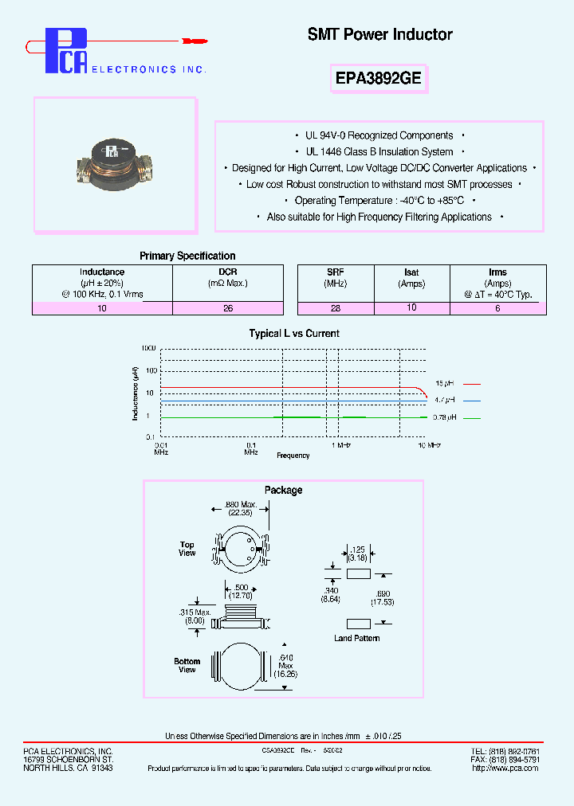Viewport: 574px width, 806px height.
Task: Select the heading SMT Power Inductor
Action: coord(379,35)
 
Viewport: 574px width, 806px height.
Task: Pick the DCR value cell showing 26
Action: coord(227,307)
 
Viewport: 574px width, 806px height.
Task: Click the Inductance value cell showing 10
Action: coord(102,307)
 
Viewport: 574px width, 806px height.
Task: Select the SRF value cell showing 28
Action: coord(335,307)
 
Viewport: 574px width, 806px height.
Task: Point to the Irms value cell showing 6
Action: coord(497,307)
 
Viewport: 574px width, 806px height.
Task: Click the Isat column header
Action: coord(411,272)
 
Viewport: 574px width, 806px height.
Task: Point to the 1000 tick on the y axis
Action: coord(147,349)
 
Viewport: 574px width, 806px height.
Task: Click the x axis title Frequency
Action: coord(293,456)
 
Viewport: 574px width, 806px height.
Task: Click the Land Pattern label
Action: coord(356,638)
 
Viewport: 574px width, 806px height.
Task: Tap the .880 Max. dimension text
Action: coord(240,505)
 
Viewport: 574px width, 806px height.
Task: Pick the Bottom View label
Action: coord(187,665)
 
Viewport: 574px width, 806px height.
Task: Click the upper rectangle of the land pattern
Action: coord(359,573)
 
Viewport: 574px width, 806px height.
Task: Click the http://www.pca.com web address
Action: coord(494,769)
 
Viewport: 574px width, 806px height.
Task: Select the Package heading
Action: coord(283,490)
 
